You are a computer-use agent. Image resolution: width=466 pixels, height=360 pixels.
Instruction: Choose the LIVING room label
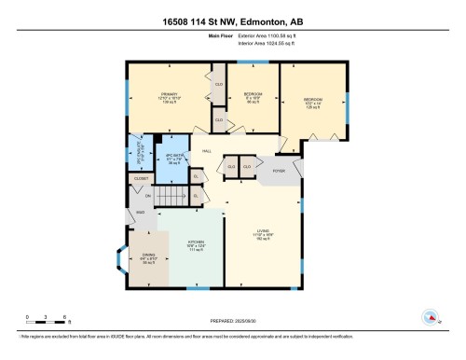(x=265, y=231)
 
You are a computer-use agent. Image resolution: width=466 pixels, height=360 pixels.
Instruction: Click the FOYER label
(x=278, y=171)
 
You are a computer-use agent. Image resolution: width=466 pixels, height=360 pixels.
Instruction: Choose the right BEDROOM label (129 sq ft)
(x=312, y=99)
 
